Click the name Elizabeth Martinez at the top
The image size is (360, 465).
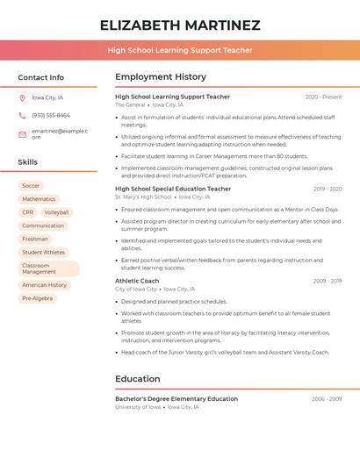click(180, 25)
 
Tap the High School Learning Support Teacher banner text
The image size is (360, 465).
click(180, 50)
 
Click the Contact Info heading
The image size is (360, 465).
click(41, 78)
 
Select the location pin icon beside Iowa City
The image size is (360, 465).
click(23, 97)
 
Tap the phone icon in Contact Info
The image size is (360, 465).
click(23, 115)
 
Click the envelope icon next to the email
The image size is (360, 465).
click(23, 133)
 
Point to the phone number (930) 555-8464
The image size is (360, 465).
click(51, 115)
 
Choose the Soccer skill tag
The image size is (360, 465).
click(31, 186)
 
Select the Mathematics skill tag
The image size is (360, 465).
click(39, 199)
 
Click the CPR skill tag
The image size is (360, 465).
click(28, 212)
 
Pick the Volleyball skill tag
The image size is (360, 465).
click(56, 212)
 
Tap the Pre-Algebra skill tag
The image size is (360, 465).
click(37, 298)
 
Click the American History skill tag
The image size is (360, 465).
click(45, 285)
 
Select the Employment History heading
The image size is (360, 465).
click(161, 77)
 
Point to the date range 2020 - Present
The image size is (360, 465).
click(323, 97)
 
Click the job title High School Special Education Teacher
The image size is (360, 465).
click(173, 189)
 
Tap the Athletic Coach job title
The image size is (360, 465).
click(137, 281)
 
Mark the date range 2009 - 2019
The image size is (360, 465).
click(328, 189)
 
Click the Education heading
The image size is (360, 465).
click(138, 379)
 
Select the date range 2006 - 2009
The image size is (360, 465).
click(327, 399)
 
